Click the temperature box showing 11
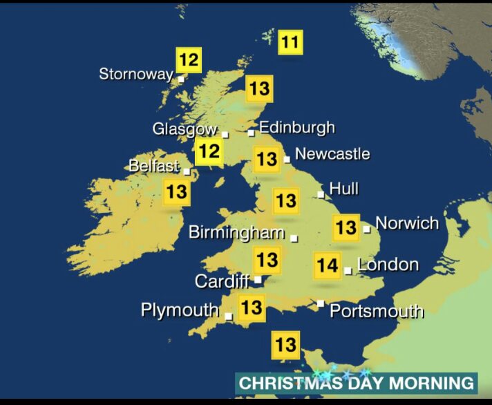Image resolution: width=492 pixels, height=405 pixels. click(x=290, y=43)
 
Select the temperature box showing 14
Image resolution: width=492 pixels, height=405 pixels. click(x=327, y=265)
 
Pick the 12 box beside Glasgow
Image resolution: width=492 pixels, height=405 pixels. click(x=209, y=151)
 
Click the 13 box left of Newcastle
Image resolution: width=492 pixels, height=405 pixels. click(x=267, y=160)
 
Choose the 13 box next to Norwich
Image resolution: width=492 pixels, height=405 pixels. click(x=346, y=227)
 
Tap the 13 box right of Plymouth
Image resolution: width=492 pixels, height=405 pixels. click(x=252, y=306)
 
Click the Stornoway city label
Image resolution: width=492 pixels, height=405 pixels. click(x=135, y=74)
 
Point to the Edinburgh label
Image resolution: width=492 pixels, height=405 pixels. click(x=296, y=127)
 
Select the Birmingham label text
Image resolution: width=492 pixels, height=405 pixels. click(x=236, y=232)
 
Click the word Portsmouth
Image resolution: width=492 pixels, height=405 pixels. click(x=376, y=311)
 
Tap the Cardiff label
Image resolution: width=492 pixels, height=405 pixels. click(x=222, y=281)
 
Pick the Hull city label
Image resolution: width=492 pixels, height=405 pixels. click(x=343, y=188)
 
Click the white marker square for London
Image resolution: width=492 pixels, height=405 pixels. click(x=348, y=271)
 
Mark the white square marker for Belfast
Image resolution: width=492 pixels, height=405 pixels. click(x=187, y=169)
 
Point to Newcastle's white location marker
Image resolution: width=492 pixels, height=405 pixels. click(x=287, y=160)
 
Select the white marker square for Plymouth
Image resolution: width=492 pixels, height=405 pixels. click(x=228, y=316)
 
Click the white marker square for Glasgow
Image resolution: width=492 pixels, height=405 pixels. click(x=225, y=134)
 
